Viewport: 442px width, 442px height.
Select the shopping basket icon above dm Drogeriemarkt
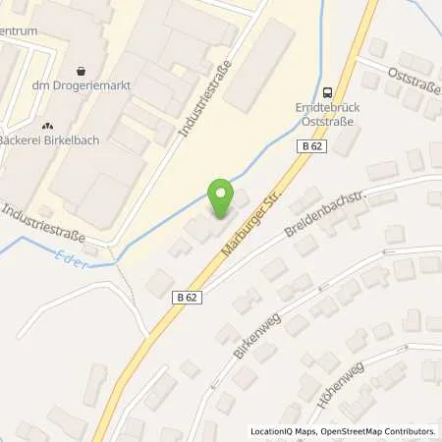click(x=80, y=71)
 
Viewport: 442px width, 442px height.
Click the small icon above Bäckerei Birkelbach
click(x=46, y=126)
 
